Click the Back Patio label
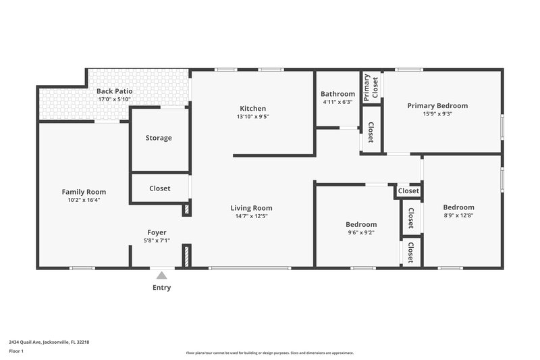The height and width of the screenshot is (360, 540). point(114,91)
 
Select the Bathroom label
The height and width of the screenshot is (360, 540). point(337,94)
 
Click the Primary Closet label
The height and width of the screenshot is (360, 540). point(371,87)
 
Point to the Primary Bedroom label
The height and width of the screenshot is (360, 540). point(437,105)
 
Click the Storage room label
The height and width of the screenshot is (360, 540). point(159,138)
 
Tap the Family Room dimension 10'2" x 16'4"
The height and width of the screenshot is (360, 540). point(84,200)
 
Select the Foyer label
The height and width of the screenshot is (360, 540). point(157,232)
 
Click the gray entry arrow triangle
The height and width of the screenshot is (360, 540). point(161,274)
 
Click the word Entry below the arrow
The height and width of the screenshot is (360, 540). point(161,288)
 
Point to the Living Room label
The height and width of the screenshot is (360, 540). point(251,208)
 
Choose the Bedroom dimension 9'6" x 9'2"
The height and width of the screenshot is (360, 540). point(361,232)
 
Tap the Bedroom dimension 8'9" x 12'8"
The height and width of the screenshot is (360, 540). point(458,215)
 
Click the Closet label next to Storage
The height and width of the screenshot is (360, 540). point(159,188)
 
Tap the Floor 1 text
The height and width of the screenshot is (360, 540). point(16,351)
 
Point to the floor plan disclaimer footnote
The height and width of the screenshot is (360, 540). point(269,353)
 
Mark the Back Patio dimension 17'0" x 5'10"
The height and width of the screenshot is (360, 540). point(114,99)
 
